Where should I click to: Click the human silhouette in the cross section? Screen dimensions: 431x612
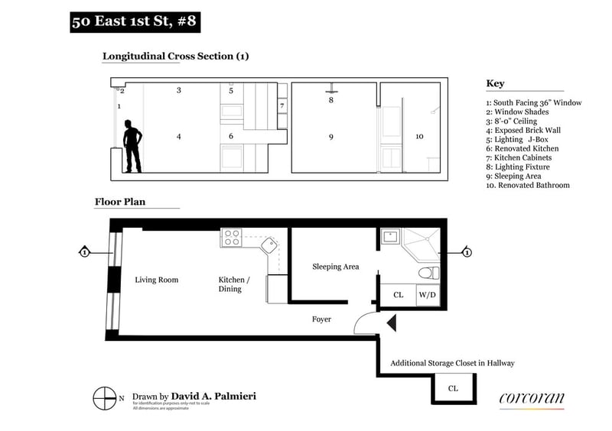click(132, 146)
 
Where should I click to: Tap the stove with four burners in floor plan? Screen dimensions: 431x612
click(231, 238)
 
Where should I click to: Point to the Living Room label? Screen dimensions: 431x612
click(157, 280)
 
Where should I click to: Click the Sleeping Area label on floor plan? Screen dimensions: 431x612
click(336, 267)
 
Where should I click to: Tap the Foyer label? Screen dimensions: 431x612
click(321, 319)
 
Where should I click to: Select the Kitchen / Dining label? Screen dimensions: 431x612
click(230, 284)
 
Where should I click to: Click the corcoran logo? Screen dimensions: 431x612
click(532, 397)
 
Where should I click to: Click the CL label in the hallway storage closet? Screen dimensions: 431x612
click(454, 388)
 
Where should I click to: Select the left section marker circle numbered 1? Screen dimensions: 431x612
click(84, 251)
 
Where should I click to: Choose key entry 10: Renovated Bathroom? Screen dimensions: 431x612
click(528, 185)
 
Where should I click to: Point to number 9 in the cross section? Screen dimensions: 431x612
click(331, 137)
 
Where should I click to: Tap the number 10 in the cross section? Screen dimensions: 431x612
click(419, 136)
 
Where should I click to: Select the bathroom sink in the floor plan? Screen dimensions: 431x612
click(390, 237)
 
